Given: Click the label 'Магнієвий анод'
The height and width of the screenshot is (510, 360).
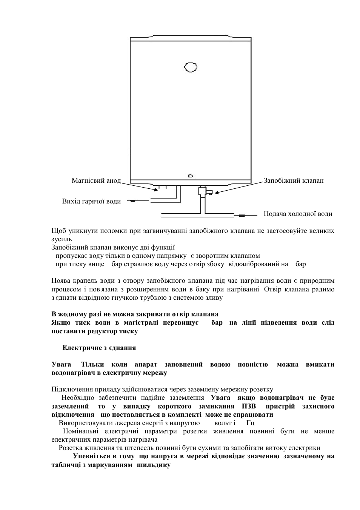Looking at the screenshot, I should pos(96,180).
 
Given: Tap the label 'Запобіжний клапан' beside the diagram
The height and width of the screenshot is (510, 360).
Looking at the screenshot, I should pos(293,180).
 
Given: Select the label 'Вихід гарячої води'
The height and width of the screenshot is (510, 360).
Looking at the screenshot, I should pos(91,201).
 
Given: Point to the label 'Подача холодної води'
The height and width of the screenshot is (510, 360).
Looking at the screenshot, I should pos(298,214).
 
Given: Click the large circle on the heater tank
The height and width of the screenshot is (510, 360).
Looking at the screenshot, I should pos(191,67).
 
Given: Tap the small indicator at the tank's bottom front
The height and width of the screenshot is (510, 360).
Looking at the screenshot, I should pos(191,176).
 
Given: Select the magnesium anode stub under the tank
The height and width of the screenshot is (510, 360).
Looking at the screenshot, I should pos(163,187).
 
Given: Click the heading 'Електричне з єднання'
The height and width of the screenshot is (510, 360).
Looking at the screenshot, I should pos(99,348).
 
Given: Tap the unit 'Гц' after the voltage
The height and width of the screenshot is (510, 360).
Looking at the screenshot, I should pos(250,423).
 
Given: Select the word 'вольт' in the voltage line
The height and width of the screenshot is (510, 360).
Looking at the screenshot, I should pos(223,423).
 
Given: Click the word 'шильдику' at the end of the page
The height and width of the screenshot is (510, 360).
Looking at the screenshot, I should pos(154,465).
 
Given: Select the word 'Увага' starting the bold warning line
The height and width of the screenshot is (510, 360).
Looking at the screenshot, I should pos(61,364).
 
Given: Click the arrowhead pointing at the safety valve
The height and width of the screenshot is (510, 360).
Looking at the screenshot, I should pos(217,192).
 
